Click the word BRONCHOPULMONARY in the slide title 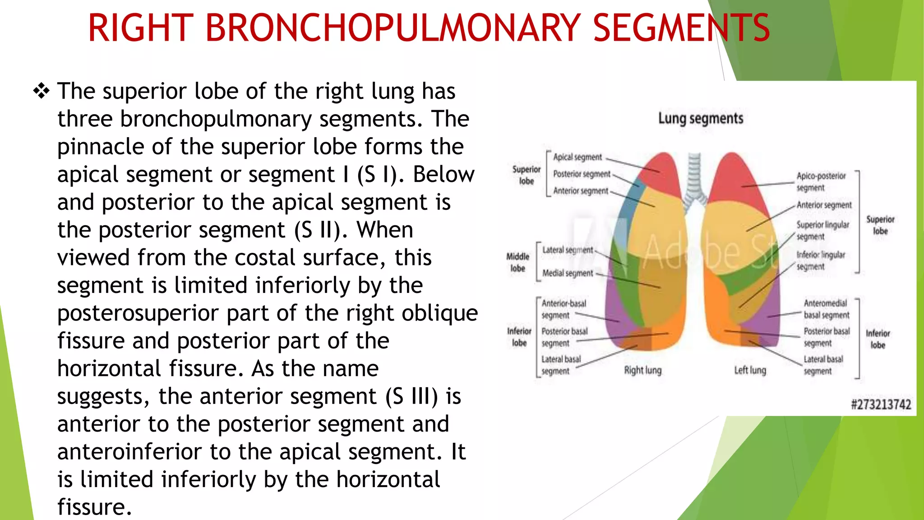click(x=392, y=28)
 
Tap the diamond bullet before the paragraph click(x=41, y=92)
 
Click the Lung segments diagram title click(x=700, y=119)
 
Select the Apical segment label click(x=577, y=157)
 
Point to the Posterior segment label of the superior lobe click(x=582, y=174)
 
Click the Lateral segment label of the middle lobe click(x=568, y=250)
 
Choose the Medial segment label click(x=568, y=273)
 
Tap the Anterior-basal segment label click(x=564, y=309)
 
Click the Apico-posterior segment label click(x=821, y=181)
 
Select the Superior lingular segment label click(x=822, y=230)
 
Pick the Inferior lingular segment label click(x=820, y=260)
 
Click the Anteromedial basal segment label click(x=826, y=309)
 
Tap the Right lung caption click(x=642, y=371)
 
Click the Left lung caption click(x=750, y=371)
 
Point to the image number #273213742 click(x=881, y=404)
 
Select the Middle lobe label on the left click(x=517, y=262)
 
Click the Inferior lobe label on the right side click(x=878, y=339)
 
